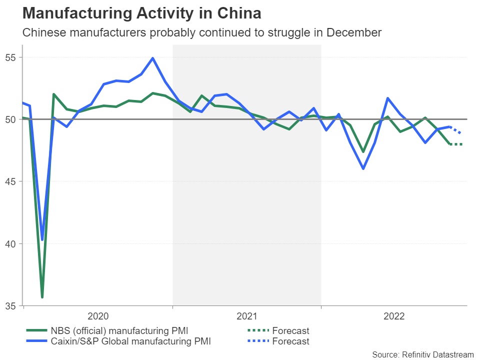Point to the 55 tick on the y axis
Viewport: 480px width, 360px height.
(x=10, y=57)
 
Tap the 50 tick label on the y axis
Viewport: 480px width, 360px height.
(x=10, y=119)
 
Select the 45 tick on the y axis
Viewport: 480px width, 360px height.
(x=10, y=181)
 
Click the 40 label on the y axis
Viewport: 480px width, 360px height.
(x=10, y=243)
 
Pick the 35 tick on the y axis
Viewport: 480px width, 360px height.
(x=10, y=305)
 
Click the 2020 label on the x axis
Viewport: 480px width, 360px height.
(x=98, y=316)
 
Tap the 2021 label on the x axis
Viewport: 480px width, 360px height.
(x=246, y=316)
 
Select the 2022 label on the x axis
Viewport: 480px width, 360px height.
(x=394, y=316)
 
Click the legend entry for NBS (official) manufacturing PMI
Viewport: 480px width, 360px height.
(x=119, y=330)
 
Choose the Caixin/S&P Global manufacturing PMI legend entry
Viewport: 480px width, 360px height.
(x=130, y=341)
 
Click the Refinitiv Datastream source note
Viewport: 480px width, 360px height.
(x=422, y=354)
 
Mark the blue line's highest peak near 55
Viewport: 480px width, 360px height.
(x=152, y=58)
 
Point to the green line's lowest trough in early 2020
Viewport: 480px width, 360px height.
(x=42, y=297)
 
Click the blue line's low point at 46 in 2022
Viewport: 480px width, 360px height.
(x=363, y=168)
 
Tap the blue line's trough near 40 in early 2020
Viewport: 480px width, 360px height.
(x=42, y=239)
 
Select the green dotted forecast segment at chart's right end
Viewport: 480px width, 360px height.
(x=456, y=144)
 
